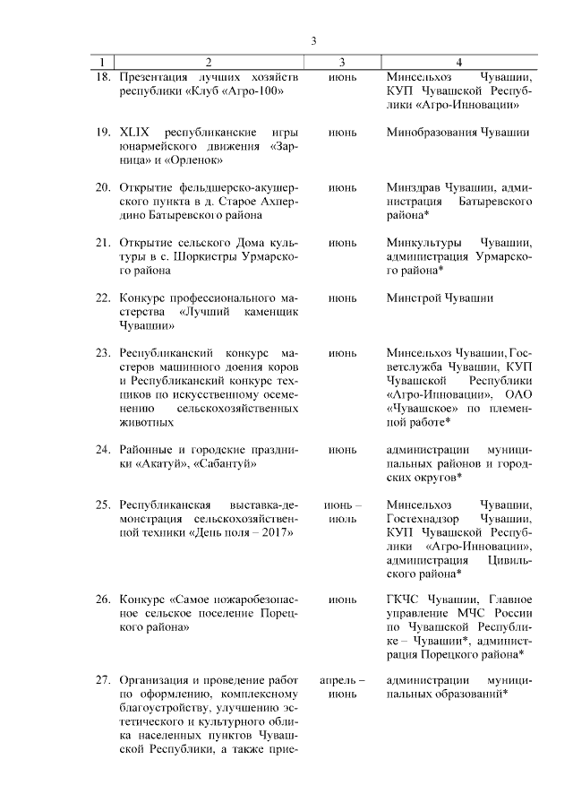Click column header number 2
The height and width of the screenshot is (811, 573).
coord(209,62)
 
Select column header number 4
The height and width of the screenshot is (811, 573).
coord(458,62)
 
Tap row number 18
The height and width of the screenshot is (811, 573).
coord(102,77)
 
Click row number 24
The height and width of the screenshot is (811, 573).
coord(102,449)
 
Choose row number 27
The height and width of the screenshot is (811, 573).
coord(102,680)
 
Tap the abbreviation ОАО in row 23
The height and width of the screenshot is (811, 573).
coord(517,394)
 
